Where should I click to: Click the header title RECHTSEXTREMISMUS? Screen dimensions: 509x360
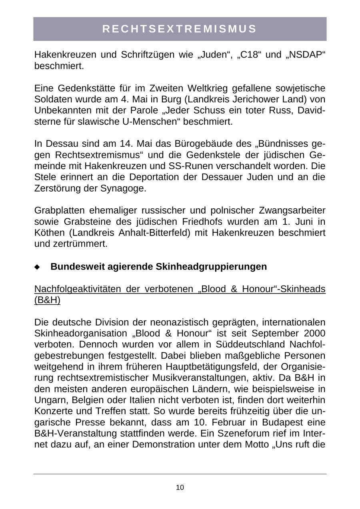coord(180,29)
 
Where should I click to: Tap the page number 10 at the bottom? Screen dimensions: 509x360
coord(180,487)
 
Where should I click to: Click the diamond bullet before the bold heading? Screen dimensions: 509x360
coord(37,267)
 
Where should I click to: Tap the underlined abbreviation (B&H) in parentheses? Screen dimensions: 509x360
coord(47,300)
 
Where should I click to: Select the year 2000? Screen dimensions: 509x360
coord(314,333)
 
